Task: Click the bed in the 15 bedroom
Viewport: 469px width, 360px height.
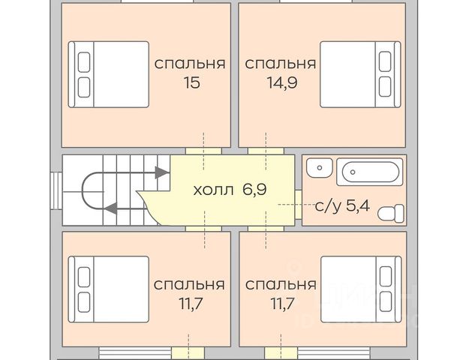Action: [x=109, y=74]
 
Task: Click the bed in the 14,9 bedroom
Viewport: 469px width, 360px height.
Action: [x=360, y=74]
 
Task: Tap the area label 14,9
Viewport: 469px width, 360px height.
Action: [x=282, y=82]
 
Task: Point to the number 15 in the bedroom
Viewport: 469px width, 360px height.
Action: [x=192, y=82]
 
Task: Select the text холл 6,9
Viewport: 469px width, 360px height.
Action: [x=230, y=190]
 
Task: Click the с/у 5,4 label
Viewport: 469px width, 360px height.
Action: [x=342, y=205]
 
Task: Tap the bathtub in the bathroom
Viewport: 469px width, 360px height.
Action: [x=370, y=172]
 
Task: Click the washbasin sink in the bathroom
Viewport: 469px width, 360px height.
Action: [x=320, y=168]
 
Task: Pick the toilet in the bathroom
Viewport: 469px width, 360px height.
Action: [x=391, y=214]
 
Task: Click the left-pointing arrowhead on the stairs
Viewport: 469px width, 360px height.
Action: [x=111, y=208]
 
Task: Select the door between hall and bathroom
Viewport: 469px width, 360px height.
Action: [x=298, y=205]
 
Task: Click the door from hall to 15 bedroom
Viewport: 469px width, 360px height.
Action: [x=203, y=151]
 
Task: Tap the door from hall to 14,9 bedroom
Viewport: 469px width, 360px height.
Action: [x=266, y=151]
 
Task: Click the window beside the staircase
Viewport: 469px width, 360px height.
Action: [x=56, y=190]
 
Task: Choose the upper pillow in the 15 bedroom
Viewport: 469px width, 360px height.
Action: [x=84, y=62]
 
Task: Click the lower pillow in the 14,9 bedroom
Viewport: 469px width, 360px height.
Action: [x=385, y=87]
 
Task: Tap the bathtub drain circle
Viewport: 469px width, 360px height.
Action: [x=353, y=172]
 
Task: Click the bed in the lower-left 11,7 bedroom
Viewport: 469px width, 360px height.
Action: [x=109, y=289]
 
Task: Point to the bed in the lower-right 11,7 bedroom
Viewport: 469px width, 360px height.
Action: [x=361, y=289]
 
